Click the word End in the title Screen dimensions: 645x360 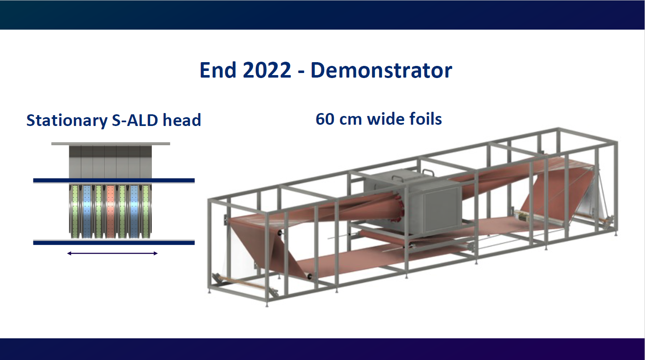[x=218, y=70]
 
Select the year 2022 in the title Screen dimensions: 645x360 [x=267, y=70]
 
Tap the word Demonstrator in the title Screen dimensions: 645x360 [x=381, y=70]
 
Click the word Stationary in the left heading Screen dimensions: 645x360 [x=67, y=121]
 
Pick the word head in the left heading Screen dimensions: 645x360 [x=182, y=120]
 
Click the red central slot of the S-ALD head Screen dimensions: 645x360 [x=110, y=211]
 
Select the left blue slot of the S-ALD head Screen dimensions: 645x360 [x=87, y=211]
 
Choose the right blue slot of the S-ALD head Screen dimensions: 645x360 [x=134, y=211]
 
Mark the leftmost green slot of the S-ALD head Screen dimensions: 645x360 [x=75, y=211]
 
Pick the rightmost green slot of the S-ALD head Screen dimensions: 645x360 [x=146, y=211]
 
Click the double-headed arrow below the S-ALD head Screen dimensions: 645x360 [x=112, y=254]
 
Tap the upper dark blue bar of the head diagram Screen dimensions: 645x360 [x=114, y=181]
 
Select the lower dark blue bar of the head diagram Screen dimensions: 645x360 [x=114, y=242]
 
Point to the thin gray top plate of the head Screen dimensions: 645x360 [x=111, y=144]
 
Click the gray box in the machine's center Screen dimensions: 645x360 [x=412, y=201]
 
